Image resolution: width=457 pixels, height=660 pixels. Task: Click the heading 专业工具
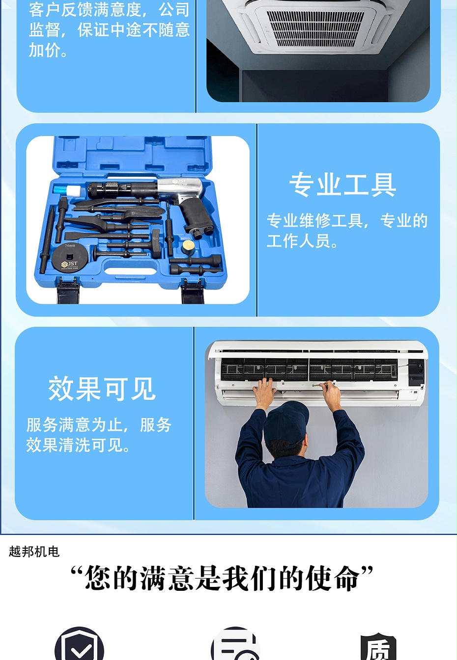tap(343, 185)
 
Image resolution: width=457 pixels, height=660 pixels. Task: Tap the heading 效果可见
tap(102, 389)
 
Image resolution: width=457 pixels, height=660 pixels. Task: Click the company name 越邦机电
tap(34, 552)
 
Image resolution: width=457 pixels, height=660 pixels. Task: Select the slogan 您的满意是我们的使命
tap(222, 579)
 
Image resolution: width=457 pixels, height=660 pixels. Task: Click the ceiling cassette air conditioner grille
tap(314, 27)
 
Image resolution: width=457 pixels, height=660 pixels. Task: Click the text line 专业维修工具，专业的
tap(347, 221)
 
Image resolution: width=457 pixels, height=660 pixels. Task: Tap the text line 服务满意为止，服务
tap(99, 424)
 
